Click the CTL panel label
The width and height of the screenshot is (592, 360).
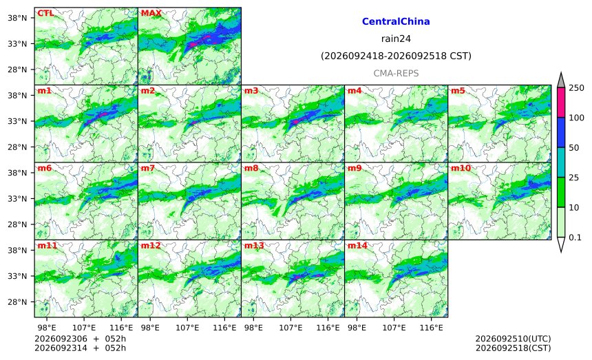click(x=45, y=13)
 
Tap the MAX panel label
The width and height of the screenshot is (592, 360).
click(x=151, y=13)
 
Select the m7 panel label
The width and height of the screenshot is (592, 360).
click(x=147, y=169)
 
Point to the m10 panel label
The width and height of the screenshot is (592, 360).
click(x=461, y=169)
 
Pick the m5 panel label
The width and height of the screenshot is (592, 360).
click(x=458, y=91)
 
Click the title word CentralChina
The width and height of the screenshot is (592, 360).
click(x=396, y=21)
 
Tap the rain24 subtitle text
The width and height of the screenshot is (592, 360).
click(x=396, y=39)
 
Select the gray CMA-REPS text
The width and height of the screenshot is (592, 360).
click(x=396, y=73)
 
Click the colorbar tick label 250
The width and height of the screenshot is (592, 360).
click(x=577, y=88)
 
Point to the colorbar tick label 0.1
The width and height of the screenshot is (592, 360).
click(x=575, y=237)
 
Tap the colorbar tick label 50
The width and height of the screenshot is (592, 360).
click(x=574, y=147)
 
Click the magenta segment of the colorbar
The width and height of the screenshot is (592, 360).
click(x=561, y=103)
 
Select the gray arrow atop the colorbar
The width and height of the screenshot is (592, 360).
click(x=561, y=81)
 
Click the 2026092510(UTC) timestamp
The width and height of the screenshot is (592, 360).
click(x=513, y=339)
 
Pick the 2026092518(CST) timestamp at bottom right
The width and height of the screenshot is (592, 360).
click(x=513, y=348)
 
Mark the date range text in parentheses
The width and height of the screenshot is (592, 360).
click(x=396, y=56)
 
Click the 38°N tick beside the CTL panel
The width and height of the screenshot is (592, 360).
click(x=17, y=18)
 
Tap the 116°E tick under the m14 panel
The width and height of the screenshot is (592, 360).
click(x=431, y=328)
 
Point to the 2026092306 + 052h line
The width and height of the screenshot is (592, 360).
click(x=80, y=339)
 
